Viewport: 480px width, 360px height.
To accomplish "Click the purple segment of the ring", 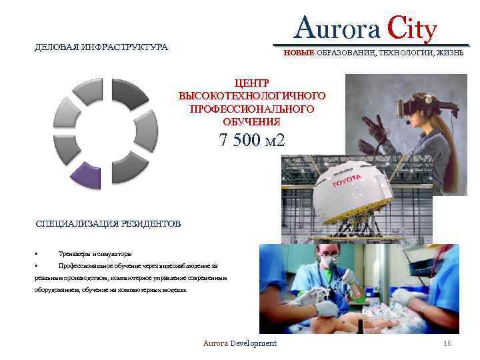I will click(85, 175).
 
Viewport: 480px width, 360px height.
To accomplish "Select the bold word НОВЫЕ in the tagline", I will click(298, 53).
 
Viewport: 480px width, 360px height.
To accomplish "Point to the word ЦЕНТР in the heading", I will click(251, 83).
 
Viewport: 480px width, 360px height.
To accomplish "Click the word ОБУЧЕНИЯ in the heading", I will click(251, 123).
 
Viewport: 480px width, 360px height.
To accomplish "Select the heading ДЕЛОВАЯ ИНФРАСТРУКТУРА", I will click(101, 47).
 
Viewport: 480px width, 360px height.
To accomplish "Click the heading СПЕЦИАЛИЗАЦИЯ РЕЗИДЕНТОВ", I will click(108, 224).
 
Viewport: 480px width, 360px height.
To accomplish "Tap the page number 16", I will click(447, 343).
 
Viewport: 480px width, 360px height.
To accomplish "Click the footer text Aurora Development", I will click(239, 343).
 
